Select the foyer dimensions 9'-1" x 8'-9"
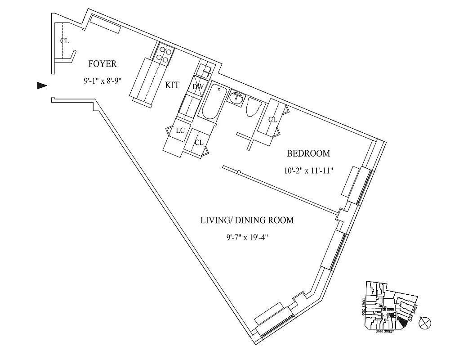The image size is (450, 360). pyautogui.click(x=102, y=81)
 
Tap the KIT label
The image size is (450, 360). pyautogui.click(x=172, y=85)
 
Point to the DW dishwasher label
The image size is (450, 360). pyautogui.click(x=198, y=86)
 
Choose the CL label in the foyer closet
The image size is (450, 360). pyautogui.click(x=64, y=41)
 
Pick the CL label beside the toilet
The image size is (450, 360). pyautogui.click(x=272, y=120)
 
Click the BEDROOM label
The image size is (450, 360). pyautogui.click(x=308, y=153)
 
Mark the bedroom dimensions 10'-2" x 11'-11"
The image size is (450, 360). pyautogui.click(x=308, y=171)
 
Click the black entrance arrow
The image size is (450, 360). pyautogui.click(x=42, y=86)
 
